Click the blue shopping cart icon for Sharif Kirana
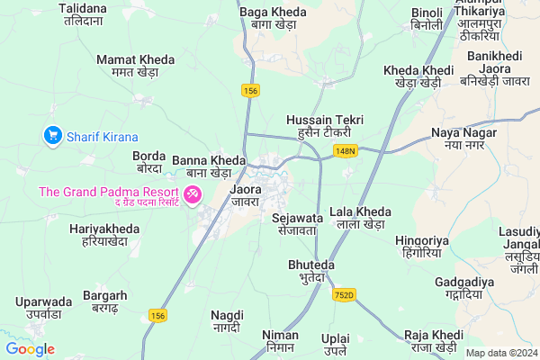(x=52, y=137)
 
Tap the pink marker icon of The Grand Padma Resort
(x=193, y=194)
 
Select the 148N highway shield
(x=346, y=150)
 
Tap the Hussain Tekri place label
(x=323, y=126)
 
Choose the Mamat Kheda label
(x=135, y=65)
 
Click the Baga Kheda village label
(x=274, y=18)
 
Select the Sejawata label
(x=296, y=223)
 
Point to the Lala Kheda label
(x=360, y=218)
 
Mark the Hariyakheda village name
(x=104, y=236)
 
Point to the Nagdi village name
(x=227, y=321)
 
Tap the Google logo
(x=30, y=349)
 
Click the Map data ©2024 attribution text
(x=500, y=353)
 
